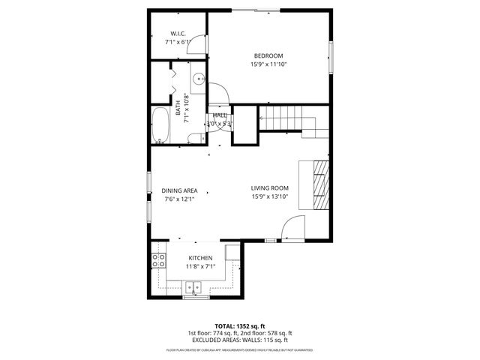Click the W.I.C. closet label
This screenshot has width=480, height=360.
click(x=178, y=34)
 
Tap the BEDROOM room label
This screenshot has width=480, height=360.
click(x=268, y=56)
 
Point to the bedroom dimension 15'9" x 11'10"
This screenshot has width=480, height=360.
click(x=268, y=64)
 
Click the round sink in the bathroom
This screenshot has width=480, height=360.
click(x=198, y=78)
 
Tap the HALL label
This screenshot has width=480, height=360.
click(x=220, y=115)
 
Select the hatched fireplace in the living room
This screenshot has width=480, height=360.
click(x=320, y=184)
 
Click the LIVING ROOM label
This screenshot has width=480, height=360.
click(x=269, y=188)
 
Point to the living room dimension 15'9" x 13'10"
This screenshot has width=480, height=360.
click(x=269, y=197)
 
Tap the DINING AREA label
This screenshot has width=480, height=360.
click(x=179, y=190)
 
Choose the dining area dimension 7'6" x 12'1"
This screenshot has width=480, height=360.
click(x=179, y=199)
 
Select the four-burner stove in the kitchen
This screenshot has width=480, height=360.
click(x=159, y=260)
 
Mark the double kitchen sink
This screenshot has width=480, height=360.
click(x=195, y=286)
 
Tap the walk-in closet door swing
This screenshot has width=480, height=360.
click(x=196, y=46)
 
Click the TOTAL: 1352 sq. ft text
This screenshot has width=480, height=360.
click(x=239, y=325)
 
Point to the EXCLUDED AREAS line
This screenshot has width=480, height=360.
click(x=239, y=340)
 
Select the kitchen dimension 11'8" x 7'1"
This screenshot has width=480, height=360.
click(x=200, y=265)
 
